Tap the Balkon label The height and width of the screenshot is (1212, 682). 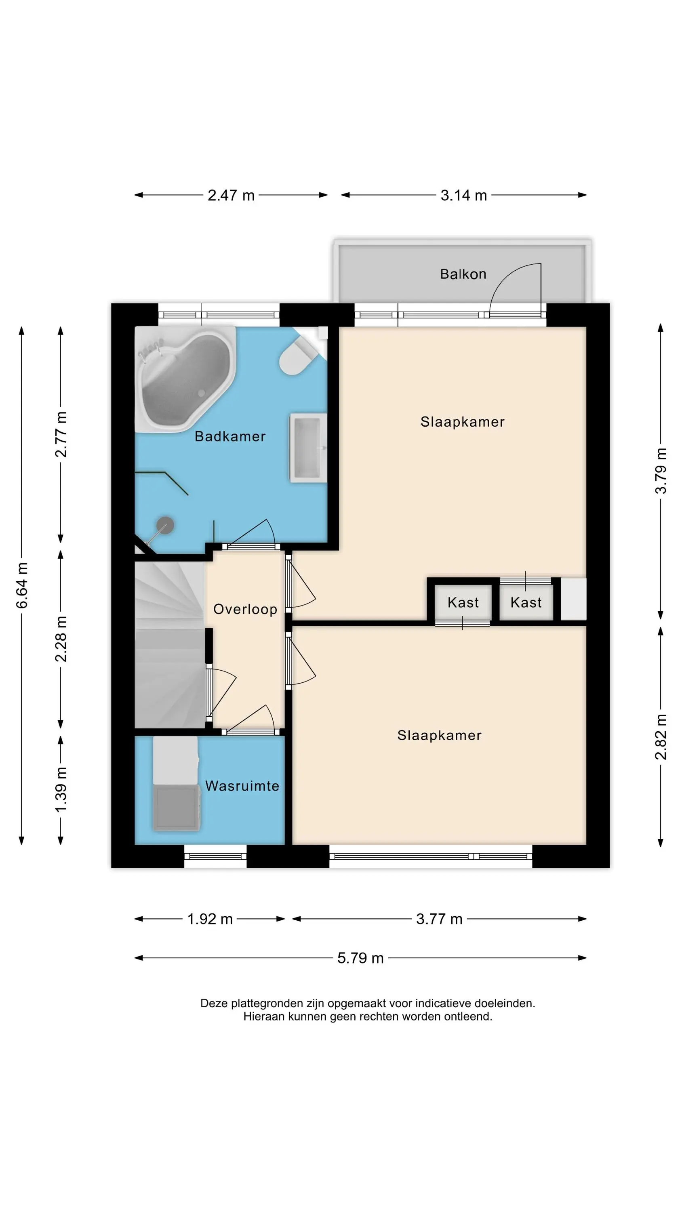463,274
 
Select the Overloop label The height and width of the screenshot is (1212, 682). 245,609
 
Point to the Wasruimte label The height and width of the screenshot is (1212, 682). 242,786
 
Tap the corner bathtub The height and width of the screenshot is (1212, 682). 185,379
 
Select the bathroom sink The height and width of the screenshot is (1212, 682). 308,448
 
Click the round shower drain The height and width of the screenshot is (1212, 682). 165,525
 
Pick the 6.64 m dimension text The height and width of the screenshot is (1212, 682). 22,585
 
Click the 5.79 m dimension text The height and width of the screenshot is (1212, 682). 360,958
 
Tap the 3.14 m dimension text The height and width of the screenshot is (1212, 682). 463,195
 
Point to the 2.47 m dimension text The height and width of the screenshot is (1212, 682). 231,195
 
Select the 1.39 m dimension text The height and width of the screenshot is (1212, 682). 61,789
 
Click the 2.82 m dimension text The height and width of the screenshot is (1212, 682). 661,737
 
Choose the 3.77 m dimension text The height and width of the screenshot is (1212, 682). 439,919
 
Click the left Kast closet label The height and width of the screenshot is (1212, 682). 463,602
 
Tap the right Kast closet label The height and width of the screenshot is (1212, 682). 526,602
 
